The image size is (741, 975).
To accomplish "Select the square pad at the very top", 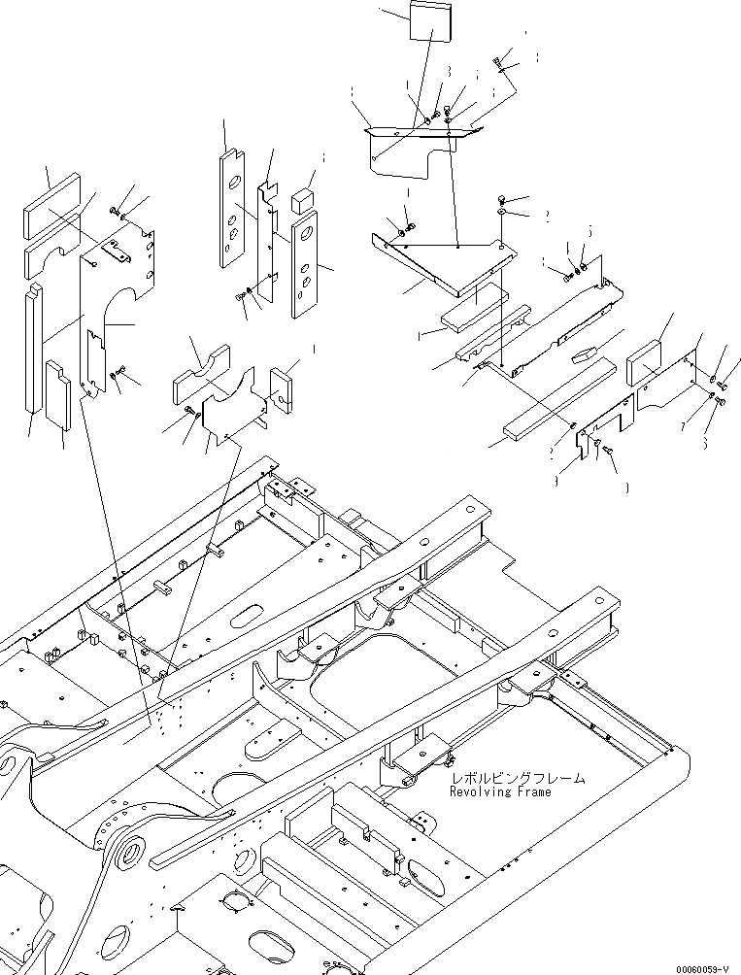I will pos(421,21).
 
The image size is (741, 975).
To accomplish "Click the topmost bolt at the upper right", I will pos(499,63).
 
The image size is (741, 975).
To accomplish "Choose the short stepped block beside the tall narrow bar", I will pos(57,396).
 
